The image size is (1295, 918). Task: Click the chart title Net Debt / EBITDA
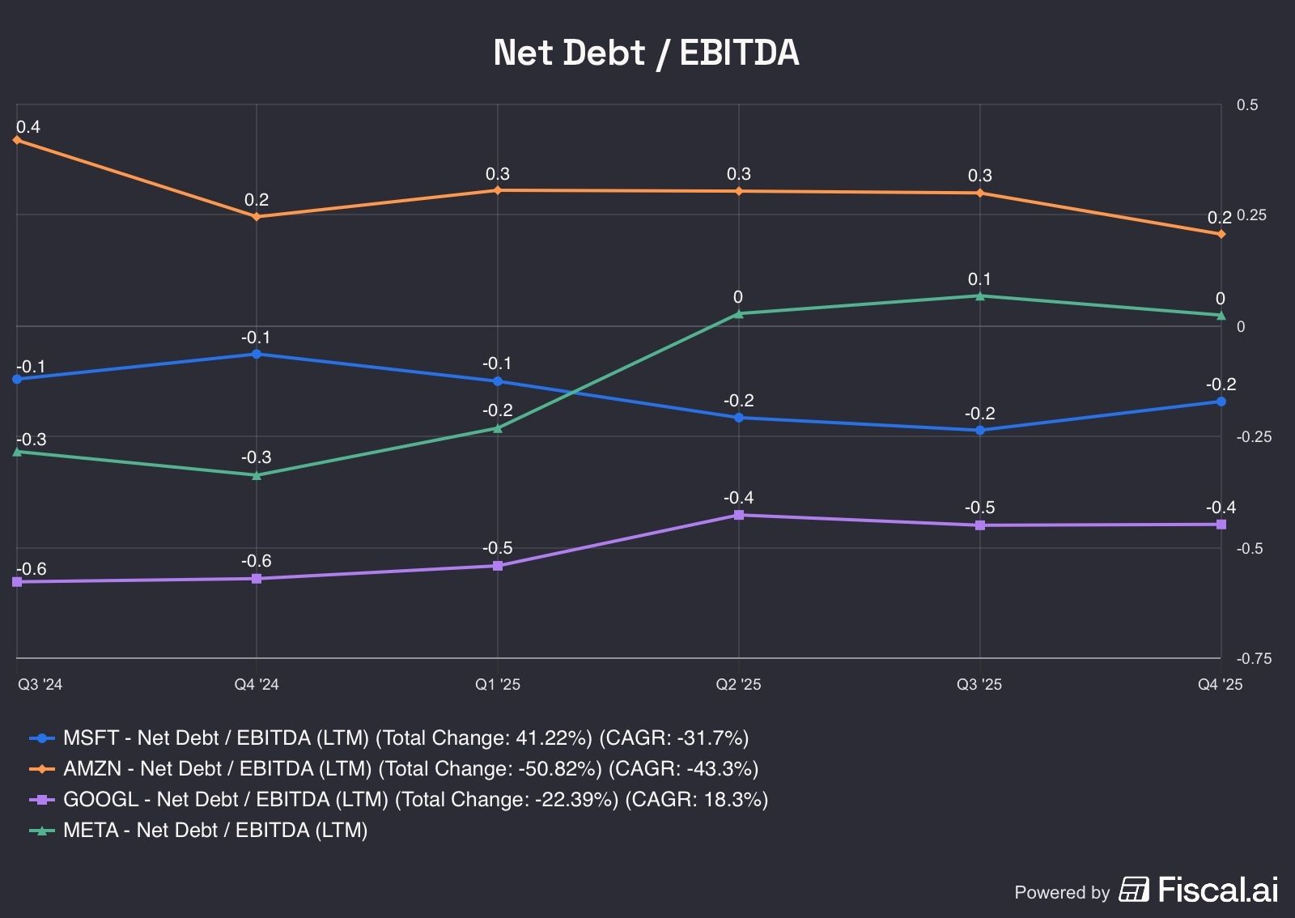(647, 53)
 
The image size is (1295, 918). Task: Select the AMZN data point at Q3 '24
(17, 140)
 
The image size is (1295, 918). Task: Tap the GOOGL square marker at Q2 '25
(738, 515)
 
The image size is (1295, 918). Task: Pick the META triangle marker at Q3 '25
(979, 296)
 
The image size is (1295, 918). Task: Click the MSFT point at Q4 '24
(257, 354)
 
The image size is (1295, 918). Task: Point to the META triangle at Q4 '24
(257, 475)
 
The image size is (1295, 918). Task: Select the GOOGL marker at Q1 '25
(498, 566)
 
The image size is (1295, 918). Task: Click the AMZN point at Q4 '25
(1221, 234)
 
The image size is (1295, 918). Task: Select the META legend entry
(214, 830)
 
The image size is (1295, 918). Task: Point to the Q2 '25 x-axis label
(738, 685)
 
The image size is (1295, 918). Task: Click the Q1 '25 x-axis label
(498, 685)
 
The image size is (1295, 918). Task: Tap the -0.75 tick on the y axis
(1254, 659)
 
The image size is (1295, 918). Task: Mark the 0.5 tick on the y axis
(1247, 105)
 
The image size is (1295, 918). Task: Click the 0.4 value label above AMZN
(28, 127)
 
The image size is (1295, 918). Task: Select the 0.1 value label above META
(979, 279)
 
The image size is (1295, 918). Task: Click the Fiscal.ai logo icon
(1134, 889)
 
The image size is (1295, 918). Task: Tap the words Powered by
(1061, 892)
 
